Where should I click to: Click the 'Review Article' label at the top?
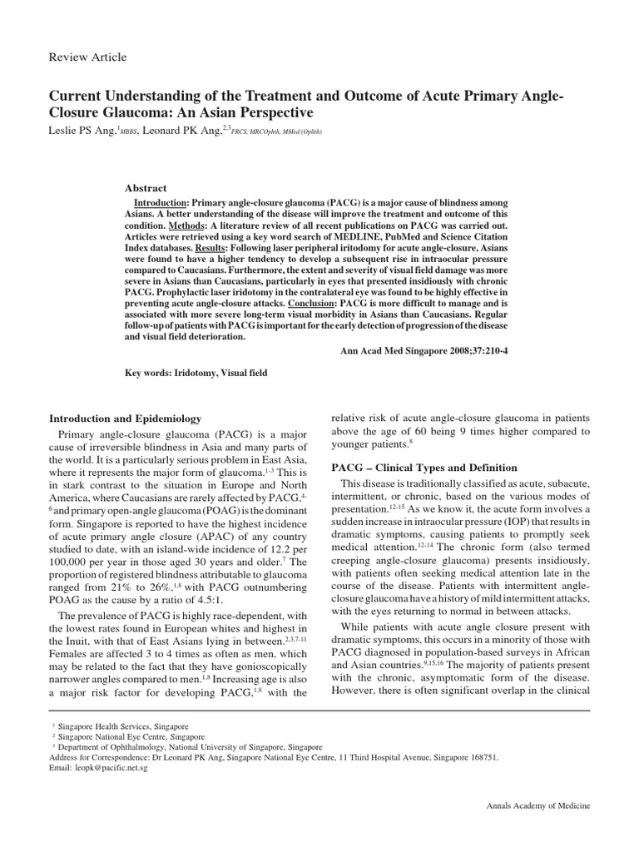(88, 57)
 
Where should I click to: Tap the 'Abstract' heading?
(145, 188)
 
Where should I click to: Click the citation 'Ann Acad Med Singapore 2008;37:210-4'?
(424, 350)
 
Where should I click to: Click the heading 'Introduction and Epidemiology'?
(125, 418)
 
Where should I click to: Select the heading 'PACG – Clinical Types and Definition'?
(424, 468)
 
